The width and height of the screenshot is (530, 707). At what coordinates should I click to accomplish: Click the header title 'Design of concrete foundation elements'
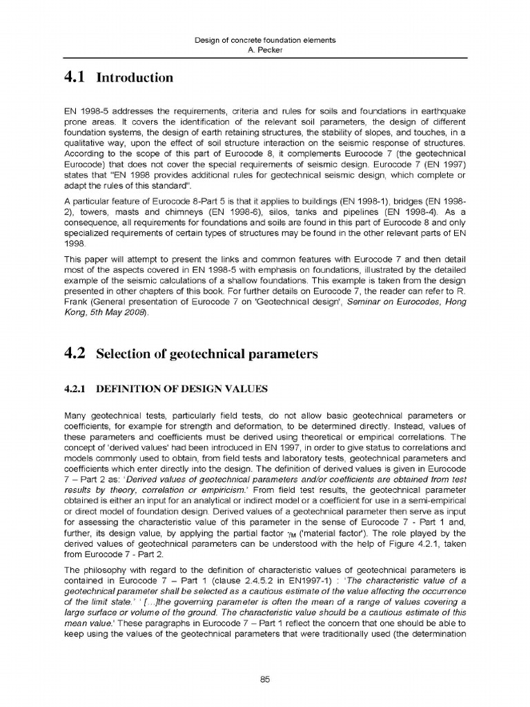266,40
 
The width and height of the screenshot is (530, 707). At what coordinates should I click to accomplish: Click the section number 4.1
72,77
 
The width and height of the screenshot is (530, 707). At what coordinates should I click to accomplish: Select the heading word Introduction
135,77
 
